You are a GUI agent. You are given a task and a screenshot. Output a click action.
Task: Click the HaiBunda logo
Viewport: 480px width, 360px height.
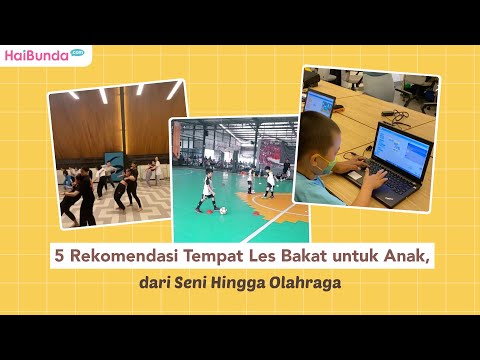pos(42,54)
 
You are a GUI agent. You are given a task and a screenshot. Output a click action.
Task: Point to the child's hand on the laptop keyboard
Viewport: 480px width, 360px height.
pos(374,182)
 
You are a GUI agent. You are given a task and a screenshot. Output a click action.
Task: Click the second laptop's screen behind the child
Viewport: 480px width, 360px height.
pos(320,101)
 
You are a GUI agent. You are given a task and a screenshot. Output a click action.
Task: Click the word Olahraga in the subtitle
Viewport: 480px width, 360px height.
pos(305,284)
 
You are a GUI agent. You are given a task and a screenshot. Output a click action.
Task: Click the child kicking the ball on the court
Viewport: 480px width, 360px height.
pos(207,191)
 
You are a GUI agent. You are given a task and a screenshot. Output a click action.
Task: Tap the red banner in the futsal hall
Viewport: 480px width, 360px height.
pos(270,152)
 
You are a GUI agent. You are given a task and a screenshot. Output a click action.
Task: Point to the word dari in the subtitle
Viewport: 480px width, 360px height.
pos(154,284)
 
